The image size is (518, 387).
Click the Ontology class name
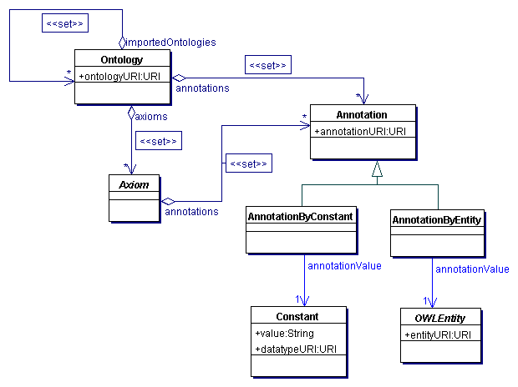(122, 60)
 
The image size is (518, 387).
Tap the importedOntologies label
(170, 42)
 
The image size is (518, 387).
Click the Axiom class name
(134, 182)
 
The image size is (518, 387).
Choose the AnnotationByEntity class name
(437, 219)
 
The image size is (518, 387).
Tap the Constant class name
(297, 316)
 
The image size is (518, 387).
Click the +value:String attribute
(284, 333)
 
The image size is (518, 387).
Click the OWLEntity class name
(443, 318)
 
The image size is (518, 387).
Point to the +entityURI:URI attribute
(437, 334)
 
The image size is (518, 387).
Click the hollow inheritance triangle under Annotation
(377, 169)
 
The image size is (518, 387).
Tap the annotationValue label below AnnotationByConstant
(344, 266)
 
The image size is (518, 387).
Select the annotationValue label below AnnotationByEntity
(472, 269)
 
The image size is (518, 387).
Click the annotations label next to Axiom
(191, 212)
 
